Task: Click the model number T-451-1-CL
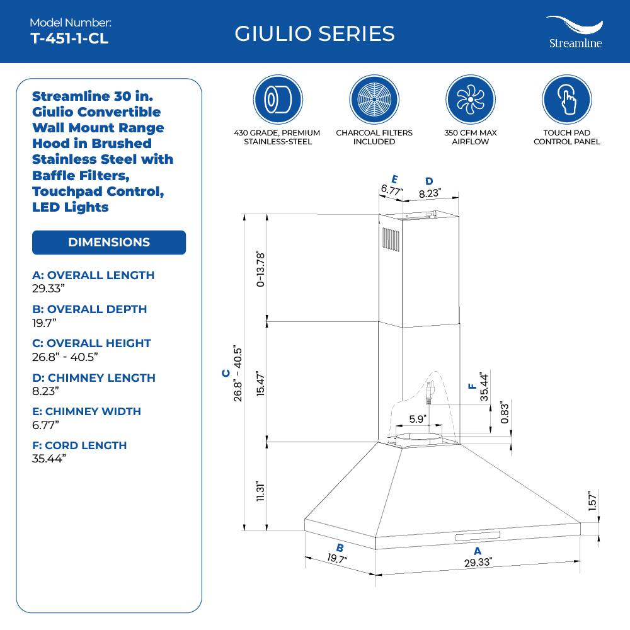coord(69,38)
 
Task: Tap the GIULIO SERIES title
coord(314,33)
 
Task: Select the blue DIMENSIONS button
coord(109,243)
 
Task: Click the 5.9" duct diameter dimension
coord(418,418)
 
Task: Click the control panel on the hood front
coord(477,536)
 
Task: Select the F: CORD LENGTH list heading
coord(79,445)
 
